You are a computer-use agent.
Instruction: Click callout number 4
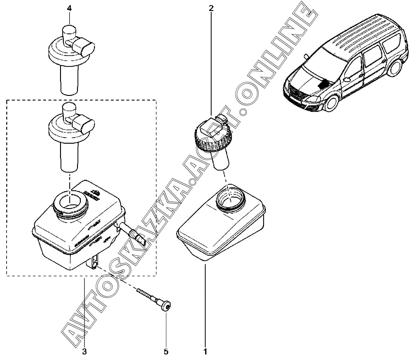click(x=69, y=8)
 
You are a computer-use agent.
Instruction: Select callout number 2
click(x=211, y=8)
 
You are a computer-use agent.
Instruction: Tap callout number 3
click(x=84, y=352)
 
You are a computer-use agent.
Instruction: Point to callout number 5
click(x=166, y=352)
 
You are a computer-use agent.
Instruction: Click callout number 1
click(x=205, y=352)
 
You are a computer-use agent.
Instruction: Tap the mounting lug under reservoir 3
click(x=94, y=263)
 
